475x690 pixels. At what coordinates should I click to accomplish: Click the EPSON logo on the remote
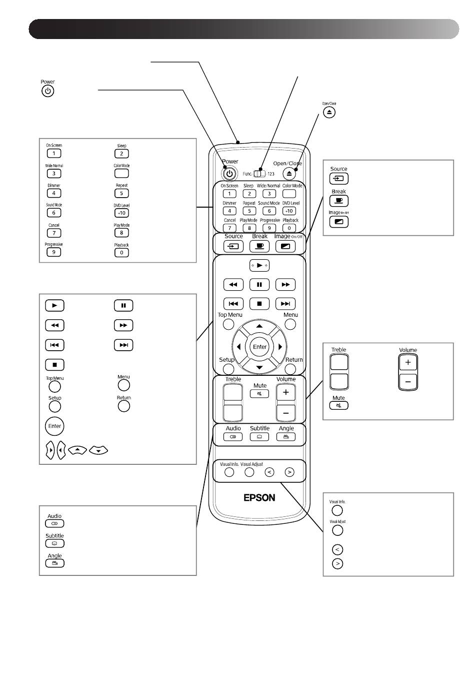coord(259,498)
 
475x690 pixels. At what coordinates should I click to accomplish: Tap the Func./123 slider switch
coord(259,174)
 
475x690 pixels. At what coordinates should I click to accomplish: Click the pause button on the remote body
coord(259,285)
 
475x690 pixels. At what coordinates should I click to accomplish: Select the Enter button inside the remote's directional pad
coord(259,347)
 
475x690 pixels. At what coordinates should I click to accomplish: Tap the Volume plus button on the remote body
coord(285,393)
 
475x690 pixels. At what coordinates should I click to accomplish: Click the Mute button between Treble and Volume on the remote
coord(259,394)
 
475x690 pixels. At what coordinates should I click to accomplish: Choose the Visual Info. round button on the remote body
coord(229,472)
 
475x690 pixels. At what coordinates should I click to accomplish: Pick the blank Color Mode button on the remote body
coord(289,194)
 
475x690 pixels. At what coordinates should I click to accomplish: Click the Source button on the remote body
coord(233,246)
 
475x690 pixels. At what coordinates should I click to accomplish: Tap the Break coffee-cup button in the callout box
coord(339,201)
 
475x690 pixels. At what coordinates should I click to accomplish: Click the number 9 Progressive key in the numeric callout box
coord(53,252)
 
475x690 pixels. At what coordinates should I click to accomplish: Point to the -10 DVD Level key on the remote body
coord(289,211)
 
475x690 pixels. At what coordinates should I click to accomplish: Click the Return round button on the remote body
coord(290,369)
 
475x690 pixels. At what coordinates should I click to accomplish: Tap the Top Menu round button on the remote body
coord(228,324)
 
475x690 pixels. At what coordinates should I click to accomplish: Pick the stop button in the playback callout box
coord(54,365)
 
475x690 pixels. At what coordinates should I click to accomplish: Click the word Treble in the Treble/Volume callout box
coord(338,350)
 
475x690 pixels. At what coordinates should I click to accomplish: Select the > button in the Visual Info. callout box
coord(337,563)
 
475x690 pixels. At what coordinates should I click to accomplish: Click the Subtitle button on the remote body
coord(259,437)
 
